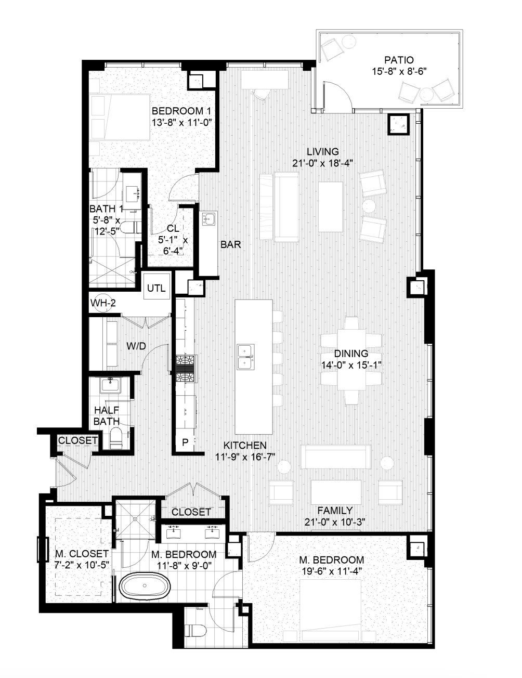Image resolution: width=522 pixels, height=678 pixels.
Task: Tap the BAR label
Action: [x=230, y=244]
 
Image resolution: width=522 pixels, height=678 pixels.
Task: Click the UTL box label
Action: [x=156, y=288]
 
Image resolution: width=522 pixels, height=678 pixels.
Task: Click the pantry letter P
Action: [x=185, y=443]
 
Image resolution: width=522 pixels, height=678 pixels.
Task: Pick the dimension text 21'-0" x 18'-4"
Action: [x=322, y=162]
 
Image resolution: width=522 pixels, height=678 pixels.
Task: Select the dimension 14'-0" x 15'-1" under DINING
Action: [x=351, y=364]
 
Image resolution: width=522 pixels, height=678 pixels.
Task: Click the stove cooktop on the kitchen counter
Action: [x=186, y=368]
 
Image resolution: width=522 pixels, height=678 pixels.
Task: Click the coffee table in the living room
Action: [x=331, y=206]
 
